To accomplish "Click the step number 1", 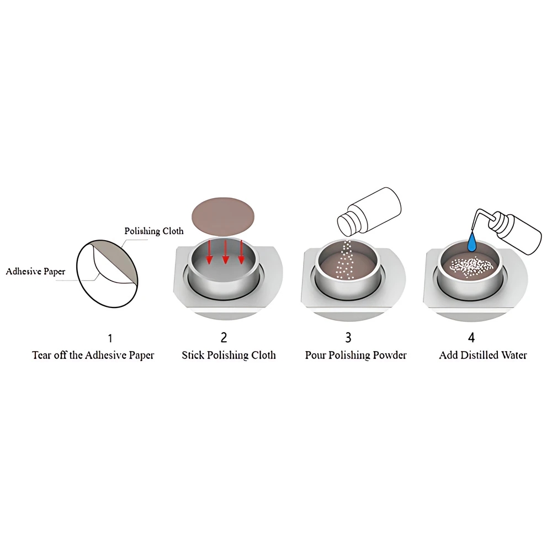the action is click(110, 338).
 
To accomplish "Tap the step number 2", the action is click(224, 337).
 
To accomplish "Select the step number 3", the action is click(348, 337).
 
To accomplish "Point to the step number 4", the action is click(471, 337).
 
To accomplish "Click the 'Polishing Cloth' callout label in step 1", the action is click(154, 231).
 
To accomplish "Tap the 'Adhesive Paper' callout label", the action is click(35, 272).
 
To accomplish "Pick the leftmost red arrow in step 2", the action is click(209, 252).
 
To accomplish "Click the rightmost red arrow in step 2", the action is click(241, 252).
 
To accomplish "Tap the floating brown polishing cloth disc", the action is click(222, 216).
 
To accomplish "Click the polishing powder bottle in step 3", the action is click(369, 211).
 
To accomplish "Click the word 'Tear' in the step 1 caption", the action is click(41, 355).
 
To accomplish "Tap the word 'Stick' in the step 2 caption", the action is click(193, 355).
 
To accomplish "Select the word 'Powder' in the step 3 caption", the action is click(390, 355).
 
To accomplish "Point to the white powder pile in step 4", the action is click(469, 268).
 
